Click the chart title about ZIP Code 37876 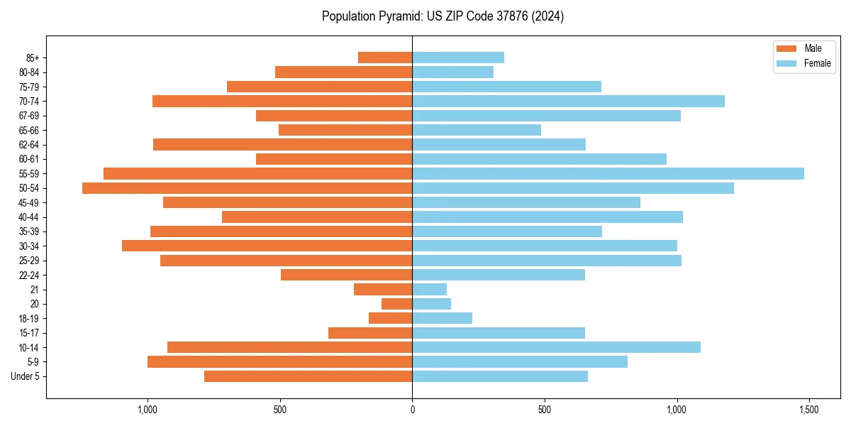point(443,16)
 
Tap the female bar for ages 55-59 point(608,173)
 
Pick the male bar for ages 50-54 point(247,188)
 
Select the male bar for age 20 point(396,304)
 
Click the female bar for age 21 point(429,289)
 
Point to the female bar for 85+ point(458,58)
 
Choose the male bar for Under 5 point(308,376)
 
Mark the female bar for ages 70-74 point(568,101)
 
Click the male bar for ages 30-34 point(267,246)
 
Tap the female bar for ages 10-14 point(556,347)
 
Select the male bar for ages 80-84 point(343,72)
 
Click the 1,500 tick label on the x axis point(809,410)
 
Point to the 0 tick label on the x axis point(412,410)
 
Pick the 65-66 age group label point(28,130)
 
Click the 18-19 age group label point(28,318)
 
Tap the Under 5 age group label point(26,376)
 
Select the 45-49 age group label point(28,202)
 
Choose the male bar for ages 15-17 point(370,333)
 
